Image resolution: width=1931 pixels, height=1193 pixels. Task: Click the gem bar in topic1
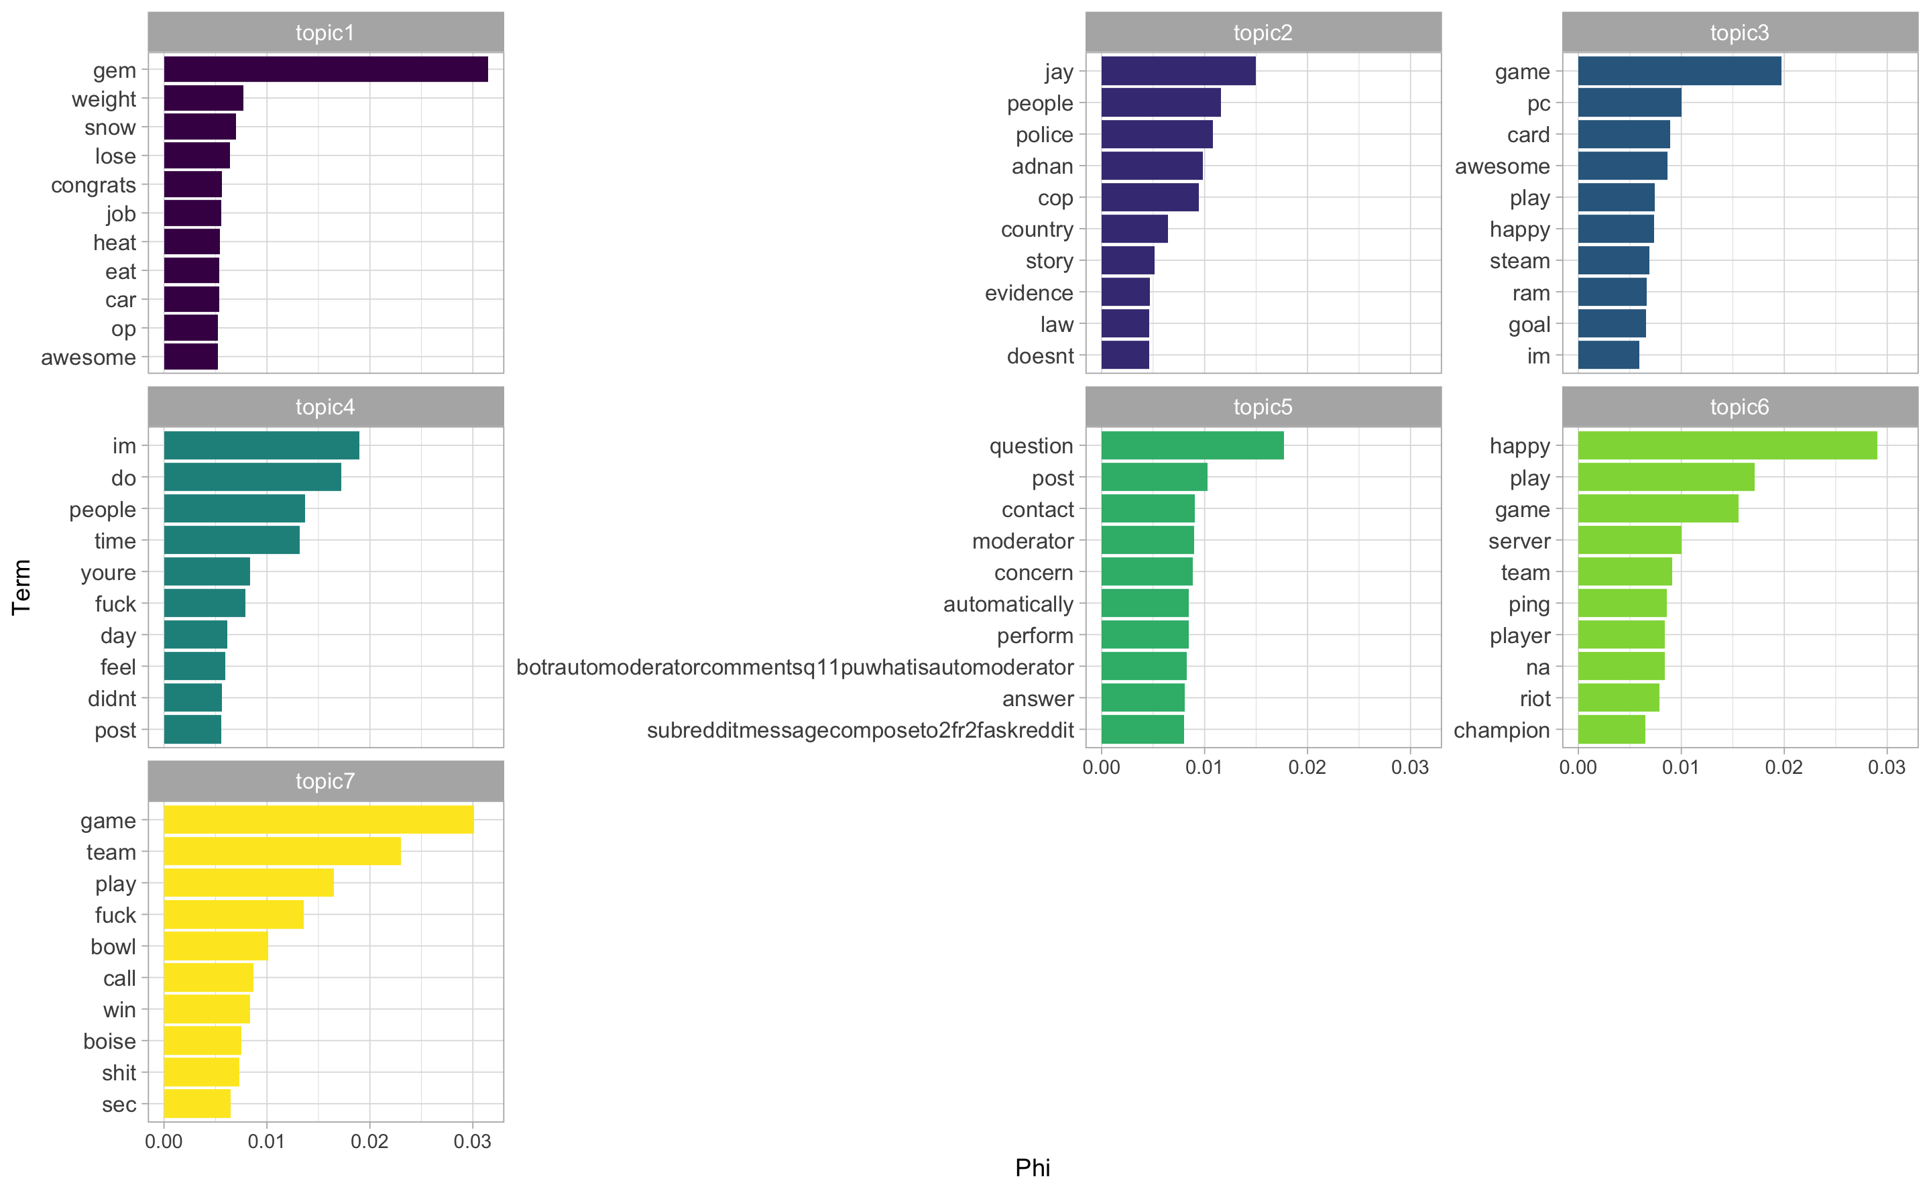click(x=325, y=70)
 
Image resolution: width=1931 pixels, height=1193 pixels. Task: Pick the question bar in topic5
click(x=1192, y=446)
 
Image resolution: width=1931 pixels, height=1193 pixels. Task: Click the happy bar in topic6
click(x=1727, y=446)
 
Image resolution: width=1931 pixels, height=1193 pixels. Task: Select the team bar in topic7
click(x=282, y=852)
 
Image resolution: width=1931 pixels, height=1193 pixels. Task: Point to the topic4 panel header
click(x=325, y=407)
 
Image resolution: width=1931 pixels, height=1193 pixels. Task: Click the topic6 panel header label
click(x=1739, y=407)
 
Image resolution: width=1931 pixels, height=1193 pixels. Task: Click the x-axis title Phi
click(x=1032, y=1168)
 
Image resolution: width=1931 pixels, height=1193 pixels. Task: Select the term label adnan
click(x=1042, y=166)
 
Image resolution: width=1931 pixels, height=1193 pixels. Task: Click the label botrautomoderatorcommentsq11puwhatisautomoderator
click(x=795, y=667)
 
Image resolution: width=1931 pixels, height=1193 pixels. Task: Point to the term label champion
click(x=1501, y=731)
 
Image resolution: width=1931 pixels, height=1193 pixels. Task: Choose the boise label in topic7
click(x=110, y=1041)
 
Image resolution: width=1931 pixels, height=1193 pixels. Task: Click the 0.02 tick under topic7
click(x=369, y=1142)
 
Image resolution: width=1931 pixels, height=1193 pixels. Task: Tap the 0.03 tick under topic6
click(x=1886, y=768)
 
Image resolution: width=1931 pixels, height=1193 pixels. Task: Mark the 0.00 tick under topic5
click(x=1101, y=768)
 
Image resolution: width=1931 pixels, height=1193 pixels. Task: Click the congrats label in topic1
click(x=93, y=185)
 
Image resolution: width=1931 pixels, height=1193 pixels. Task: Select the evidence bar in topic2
click(x=1125, y=293)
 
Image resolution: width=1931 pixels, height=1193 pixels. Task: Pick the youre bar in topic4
click(x=207, y=572)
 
